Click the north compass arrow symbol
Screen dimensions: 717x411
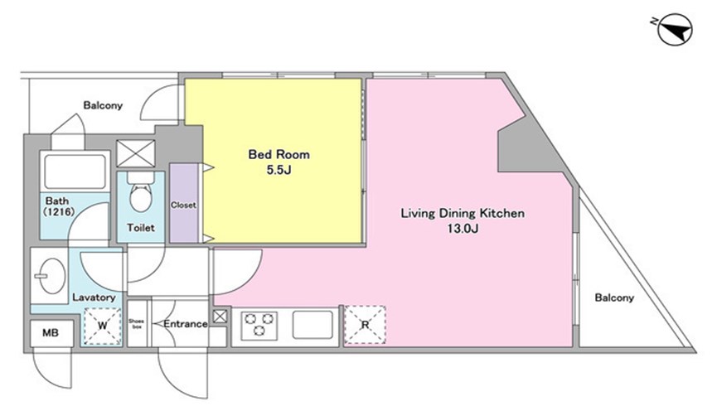point(675,30)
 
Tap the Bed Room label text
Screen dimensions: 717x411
point(279,154)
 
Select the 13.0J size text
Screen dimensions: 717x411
point(463,229)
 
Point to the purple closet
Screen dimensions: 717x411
point(184,203)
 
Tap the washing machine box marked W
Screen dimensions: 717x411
point(103,326)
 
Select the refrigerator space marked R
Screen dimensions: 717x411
point(365,325)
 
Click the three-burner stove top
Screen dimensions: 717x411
point(259,325)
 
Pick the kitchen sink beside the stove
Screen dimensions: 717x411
point(312,325)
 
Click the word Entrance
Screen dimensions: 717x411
point(186,324)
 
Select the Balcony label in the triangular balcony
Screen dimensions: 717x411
point(614,297)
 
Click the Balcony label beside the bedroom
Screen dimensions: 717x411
point(103,105)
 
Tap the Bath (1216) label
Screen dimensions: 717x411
point(58,206)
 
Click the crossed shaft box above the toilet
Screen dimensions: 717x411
point(136,153)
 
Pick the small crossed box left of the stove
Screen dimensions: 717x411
point(220,317)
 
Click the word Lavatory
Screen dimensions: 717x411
point(94,297)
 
